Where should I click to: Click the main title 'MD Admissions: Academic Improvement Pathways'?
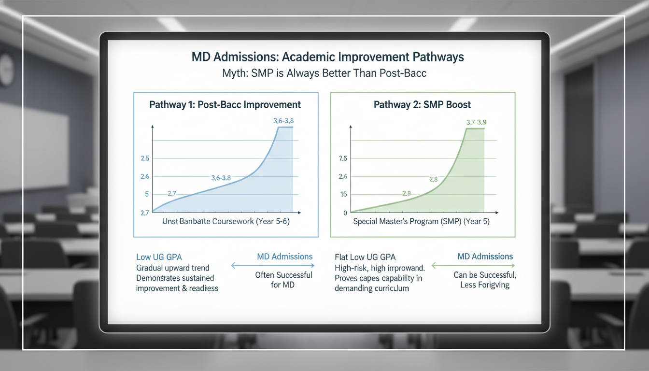point(327,57)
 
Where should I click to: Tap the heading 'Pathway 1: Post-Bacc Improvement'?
point(225,105)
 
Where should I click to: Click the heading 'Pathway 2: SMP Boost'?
point(423,105)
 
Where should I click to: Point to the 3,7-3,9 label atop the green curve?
point(476,122)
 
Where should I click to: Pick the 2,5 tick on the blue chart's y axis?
point(144,158)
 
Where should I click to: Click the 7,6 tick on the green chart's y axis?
point(343,158)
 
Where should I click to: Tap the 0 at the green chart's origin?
point(345,213)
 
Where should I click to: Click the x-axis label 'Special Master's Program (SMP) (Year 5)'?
point(421,222)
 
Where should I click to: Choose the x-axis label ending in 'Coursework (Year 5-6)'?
point(226,222)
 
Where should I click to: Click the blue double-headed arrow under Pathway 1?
point(273,265)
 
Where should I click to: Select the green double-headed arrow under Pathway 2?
point(473,265)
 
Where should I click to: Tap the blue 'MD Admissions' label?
point(284,257)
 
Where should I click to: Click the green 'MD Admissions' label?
point(485,257)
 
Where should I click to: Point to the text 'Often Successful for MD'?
point(283,280)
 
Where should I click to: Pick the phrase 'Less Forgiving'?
point(485,285)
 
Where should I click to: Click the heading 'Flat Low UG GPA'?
point(365,257)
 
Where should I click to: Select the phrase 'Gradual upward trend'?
point(172,268)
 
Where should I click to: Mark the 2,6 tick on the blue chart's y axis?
point(144,177)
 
